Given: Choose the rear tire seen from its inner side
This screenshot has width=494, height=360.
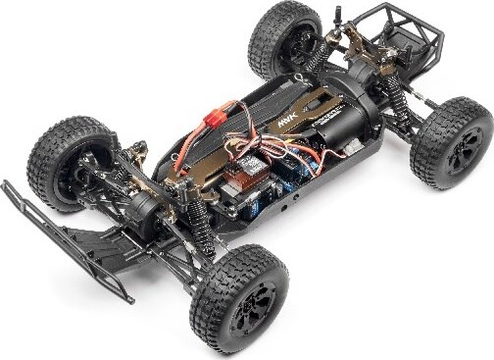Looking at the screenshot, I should [x=283, y=39].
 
